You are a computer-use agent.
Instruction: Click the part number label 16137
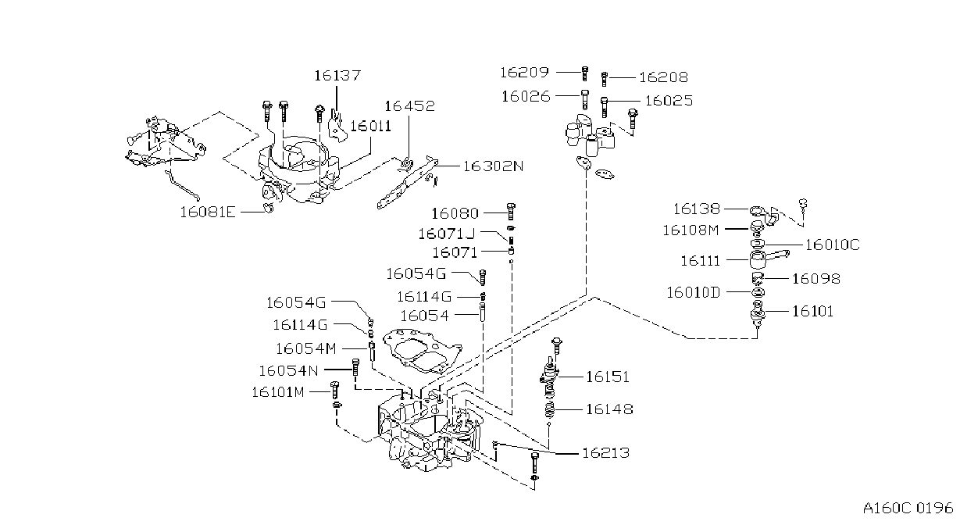pos(337,76)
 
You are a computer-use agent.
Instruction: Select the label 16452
pos(409,105)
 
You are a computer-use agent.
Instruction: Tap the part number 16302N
pos(494,166)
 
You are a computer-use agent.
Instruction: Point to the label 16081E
pos(208,212)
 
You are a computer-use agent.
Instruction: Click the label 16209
pos(525,73)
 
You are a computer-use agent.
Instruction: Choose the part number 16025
pos(669,101)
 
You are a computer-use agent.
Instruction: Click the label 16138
pos(697,209)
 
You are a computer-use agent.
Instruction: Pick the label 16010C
pos(832,245)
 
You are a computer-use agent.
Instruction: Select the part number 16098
pos(816,279)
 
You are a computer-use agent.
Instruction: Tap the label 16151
pos(607,377)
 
